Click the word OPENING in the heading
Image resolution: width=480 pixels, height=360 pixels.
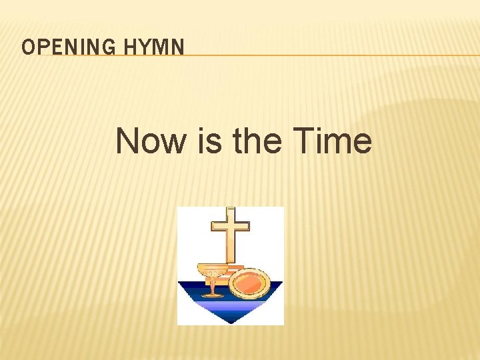pyautogui.click(x=60, y=47)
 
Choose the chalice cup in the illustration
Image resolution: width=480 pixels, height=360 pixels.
pyautogui.click(x=213, y=272)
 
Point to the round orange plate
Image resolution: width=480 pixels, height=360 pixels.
pyautogui.click(x=249, y=283)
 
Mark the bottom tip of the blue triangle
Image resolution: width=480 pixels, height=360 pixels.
pyautogui.click(x=231, y=323)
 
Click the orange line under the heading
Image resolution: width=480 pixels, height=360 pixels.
pyautogui.click(x=333, y=55)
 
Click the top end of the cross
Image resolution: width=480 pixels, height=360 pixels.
pyautogui.click(x=230, y=209)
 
